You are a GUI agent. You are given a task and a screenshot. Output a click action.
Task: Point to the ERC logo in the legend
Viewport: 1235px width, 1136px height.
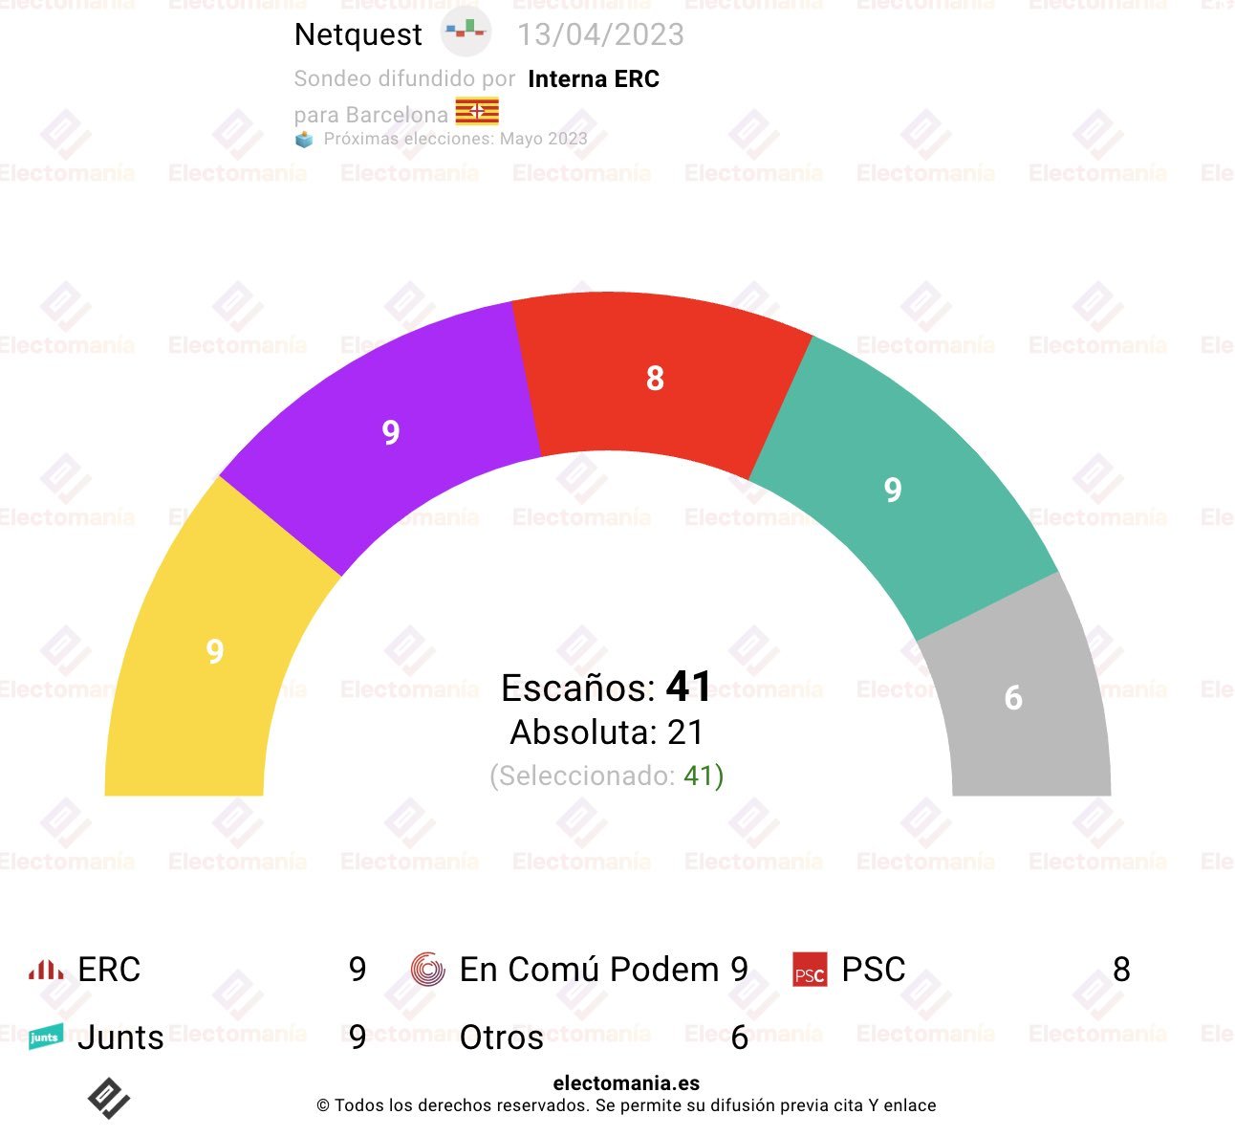coord(46,970)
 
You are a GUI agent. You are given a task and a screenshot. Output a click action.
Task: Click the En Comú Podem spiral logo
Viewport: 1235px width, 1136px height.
coord(427,970)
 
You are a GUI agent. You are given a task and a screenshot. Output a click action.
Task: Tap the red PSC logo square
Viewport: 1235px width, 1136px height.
coord(810,970)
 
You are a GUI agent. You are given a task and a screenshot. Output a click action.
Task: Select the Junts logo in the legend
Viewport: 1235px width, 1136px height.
coord(45,1037)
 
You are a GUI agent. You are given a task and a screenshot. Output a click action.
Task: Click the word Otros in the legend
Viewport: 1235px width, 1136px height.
coord(501,1038)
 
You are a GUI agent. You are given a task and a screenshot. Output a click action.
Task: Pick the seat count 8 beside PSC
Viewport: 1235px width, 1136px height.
coord(1121,970)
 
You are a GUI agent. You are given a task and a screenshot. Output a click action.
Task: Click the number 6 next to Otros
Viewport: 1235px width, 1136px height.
coord(739,1038)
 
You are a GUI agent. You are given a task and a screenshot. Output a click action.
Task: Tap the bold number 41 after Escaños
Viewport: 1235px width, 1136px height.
coord(689,687)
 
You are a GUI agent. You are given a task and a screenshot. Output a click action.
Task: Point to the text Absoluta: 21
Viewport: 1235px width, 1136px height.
coord(607,732)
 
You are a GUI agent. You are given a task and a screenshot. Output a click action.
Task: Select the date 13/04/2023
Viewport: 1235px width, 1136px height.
coord(600,35)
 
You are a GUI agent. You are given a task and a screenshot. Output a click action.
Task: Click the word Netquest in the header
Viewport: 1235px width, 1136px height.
coord(358,35)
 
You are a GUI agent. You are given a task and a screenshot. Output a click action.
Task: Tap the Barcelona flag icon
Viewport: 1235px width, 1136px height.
coord(477,112)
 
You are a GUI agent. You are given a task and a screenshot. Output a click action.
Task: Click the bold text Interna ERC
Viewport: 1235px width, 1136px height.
coord(594,79)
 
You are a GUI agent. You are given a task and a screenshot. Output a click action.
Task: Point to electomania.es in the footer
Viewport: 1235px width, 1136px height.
coord(626,1083)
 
